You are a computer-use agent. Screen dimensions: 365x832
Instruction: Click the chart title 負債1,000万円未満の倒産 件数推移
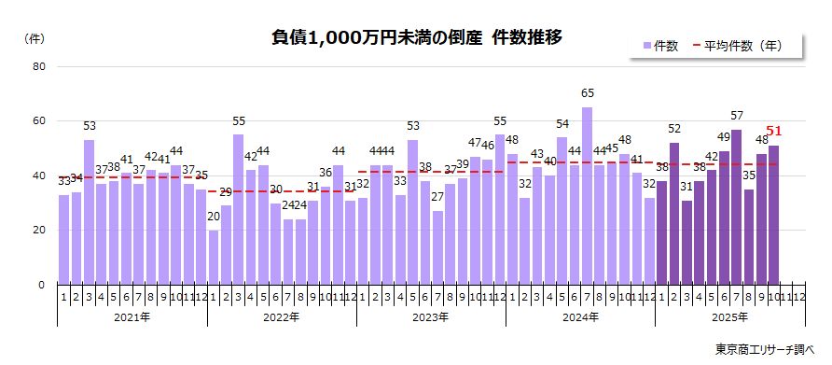point(416,38)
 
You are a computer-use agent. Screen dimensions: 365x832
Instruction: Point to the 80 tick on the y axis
point(38,66)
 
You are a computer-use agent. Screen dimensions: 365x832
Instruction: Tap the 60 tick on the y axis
point(38,121)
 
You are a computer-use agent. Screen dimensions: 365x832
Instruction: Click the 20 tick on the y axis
point(38,231)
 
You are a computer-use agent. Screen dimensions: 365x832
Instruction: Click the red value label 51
point(773,132)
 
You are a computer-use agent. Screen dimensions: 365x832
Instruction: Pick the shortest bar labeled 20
point(214,257)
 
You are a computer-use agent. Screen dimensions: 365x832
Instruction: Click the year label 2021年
point(132,317)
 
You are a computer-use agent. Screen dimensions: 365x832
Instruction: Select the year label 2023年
point(430,317)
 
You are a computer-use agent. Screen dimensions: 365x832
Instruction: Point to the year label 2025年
point(728,317)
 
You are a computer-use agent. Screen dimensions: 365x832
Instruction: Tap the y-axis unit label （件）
point(34,38)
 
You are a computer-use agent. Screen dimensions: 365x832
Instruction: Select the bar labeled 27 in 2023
point(437,247)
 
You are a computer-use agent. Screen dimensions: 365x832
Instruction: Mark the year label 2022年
point(281,317)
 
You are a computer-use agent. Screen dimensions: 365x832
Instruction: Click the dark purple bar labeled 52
point(673,214)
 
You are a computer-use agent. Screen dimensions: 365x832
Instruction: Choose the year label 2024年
point(579,317)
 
